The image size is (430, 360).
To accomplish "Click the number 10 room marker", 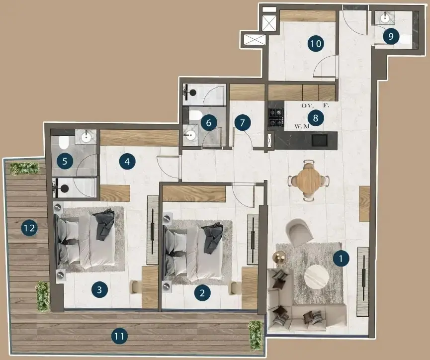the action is pyautogui.click(x=316, y=44).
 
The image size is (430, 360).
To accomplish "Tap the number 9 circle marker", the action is pyautogui.click(x=391, y=36).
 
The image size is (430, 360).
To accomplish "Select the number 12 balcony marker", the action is pyautogui.click(x=29, y=228).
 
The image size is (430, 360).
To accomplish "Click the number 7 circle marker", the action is pyautogui.click(x=243, y=122).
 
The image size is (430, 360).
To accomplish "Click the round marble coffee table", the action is pyautogui.click(x=316, y=276).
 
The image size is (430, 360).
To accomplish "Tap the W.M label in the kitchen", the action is pyautogui.click(x=302, y=126).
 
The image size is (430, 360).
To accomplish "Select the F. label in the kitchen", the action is pyautogui.click(x=326, y=105).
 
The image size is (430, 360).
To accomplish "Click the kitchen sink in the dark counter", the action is pyautogui.click(x=320, y=140).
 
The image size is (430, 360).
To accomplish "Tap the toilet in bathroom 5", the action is pyautogui.click(x=63, y=142).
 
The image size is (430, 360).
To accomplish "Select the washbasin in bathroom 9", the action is pyautogui.click(x=385, y=18).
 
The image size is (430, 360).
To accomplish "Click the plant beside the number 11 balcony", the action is pyautogui.click(x=256, y=335).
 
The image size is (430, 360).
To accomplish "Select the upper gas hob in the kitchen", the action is pyautogui.click(x=275, y=112).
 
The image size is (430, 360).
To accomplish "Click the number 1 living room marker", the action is pyautogui.click(x=341, y=258).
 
